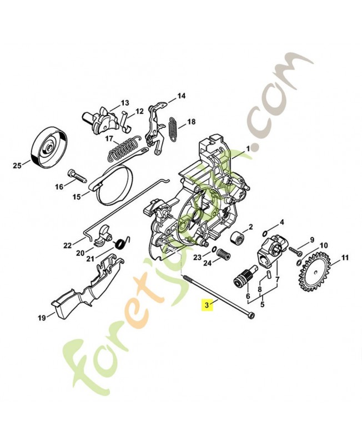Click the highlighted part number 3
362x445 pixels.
click(207, 304)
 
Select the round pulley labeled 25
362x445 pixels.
click(49, 145)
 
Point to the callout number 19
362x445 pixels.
click(41, 318)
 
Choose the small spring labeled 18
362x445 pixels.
click(173, 131)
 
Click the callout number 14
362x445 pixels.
click(181, 96)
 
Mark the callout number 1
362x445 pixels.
click(248, 147)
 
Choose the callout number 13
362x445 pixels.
click(124, 103)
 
